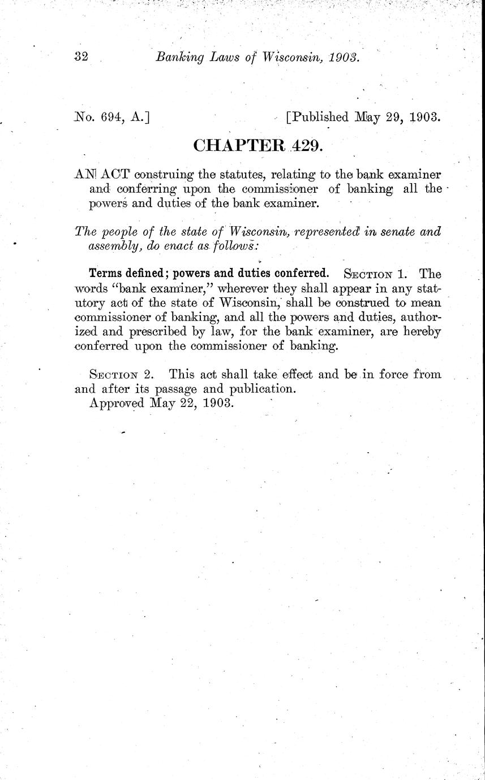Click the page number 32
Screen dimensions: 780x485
(x=82, y=57)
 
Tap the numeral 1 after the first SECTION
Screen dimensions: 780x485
(x=401, y=274)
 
